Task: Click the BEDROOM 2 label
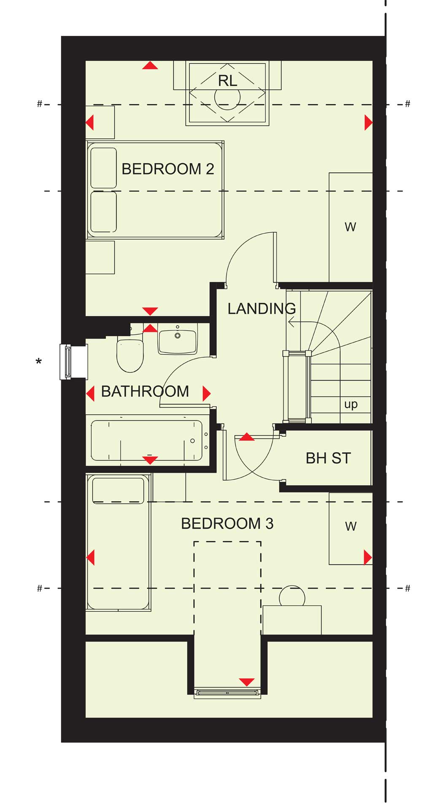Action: click(x=167, y=169)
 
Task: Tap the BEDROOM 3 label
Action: click(x=227, y=524)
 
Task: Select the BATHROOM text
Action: click(x=145, y=391)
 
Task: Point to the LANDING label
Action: click(x=262, y=308)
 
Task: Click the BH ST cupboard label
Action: click(x=328, y=458)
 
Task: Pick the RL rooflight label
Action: click(x=227, y=81)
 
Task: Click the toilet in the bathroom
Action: click(x=130, y=355)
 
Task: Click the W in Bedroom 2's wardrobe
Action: click(x=350, y=227)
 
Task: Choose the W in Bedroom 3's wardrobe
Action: click(x=351, y=526)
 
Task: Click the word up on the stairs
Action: click(x=351, y=405)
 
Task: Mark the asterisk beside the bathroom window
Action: click(x=39, y=362)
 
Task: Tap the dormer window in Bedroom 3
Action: click(x=227, y=692)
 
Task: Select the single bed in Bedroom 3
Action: click(x=119, y=542)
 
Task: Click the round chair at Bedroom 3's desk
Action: click(x=292, y=596)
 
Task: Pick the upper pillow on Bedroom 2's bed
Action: click(x=103, y=168)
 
